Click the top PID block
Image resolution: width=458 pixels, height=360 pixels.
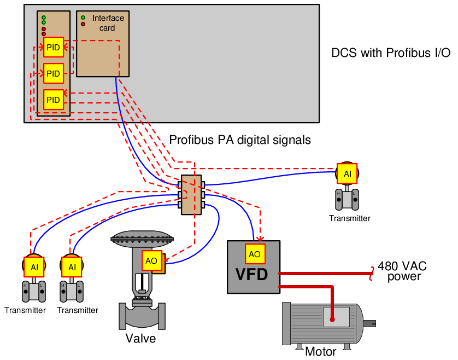(x=54, y=47)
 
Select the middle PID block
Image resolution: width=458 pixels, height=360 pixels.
(x=54, y=73)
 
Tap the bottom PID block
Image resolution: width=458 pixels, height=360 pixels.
(x=54, y=100)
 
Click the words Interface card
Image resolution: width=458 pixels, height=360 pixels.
(x=108, y=23)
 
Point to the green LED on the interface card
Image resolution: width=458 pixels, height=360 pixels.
(x=83, y=18)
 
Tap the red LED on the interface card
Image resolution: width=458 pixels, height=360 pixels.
(x=83, y=24)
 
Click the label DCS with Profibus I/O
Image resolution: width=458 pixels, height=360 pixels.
(x=391, y=53)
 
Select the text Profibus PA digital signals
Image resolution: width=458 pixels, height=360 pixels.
(x=240, y=140)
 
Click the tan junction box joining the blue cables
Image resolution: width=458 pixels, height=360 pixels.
(x=191, y=195)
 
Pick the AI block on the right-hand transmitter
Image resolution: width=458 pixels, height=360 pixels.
(x=347, y=174)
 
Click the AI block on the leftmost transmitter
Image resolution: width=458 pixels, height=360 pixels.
(x=34, y=267)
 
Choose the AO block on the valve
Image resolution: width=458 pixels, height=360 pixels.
(x=152, y=260)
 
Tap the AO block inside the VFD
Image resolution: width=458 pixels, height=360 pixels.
(x=255, y=254)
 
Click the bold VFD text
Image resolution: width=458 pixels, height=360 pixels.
(x=251, y=274)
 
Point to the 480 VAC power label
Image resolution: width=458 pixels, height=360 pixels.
(x=402, y=271)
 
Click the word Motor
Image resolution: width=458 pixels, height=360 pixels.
(x=320, y=351)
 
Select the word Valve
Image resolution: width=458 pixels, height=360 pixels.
(x=141, y=338)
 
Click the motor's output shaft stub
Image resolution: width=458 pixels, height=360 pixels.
(x=369, y=323)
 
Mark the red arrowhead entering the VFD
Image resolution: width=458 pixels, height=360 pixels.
(x=260, y=239)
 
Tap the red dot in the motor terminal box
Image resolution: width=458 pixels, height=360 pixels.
(x=332, y=320)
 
